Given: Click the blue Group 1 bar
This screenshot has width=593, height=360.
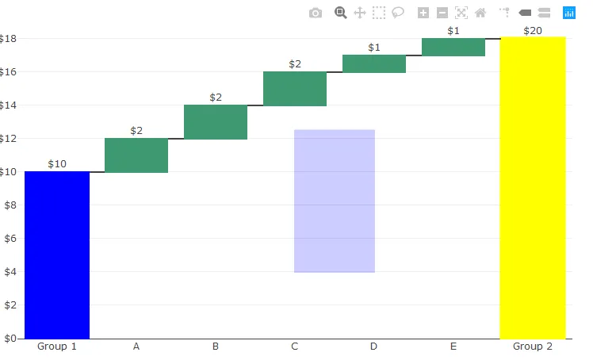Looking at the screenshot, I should [x=57, y=255].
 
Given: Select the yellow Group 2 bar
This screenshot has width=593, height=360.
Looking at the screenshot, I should [x=532, y=187].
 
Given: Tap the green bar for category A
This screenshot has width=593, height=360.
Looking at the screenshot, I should [x=136, y=155].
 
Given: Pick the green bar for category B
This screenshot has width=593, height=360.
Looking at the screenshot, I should [x=216, y=122].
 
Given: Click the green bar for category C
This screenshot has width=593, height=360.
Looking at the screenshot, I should [x=295, y=89].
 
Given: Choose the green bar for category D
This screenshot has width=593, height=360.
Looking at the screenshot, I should [x=374, y=63].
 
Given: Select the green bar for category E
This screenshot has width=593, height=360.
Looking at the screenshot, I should [x=453, y=47].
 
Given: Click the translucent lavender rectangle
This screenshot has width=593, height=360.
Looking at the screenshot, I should [x=335, y=201].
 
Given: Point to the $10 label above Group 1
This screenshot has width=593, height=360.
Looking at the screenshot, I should [x=57, y=164].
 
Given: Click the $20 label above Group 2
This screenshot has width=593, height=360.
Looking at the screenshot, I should [x=533, y=31].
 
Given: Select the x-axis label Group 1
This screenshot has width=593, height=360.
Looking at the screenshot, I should [x=57, y=347].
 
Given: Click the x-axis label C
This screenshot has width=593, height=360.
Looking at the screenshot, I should [x=295, y=347].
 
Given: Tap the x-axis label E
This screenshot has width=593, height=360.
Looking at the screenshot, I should [x=453, y=347].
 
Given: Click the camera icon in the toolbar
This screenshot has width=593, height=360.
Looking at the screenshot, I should [x=316, y=13].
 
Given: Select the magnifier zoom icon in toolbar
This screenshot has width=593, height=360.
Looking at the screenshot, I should [x=341, y=13].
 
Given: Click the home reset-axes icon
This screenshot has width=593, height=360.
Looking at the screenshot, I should [x=480, y=13].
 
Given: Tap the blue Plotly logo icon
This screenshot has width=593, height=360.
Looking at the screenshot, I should [x=569, y=13].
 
